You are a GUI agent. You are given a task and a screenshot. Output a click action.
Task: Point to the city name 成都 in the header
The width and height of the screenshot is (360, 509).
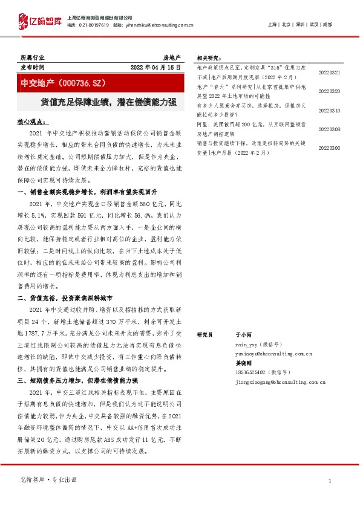(327, 24)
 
